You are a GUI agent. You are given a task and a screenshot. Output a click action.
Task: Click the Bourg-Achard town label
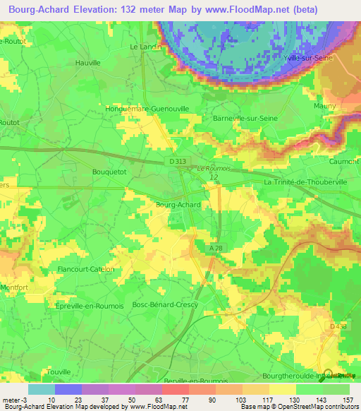coord(178,205)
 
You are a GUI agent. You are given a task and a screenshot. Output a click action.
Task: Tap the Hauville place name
coord(89,62)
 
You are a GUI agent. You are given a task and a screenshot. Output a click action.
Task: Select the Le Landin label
coord(146,47)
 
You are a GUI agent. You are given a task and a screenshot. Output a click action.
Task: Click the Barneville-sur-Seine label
coord(241,118)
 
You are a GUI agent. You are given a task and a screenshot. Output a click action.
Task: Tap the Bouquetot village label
coord(109,172)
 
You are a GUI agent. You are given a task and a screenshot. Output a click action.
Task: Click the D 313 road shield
coord(179,161)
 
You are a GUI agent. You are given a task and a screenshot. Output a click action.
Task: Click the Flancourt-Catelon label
coord(85,269)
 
